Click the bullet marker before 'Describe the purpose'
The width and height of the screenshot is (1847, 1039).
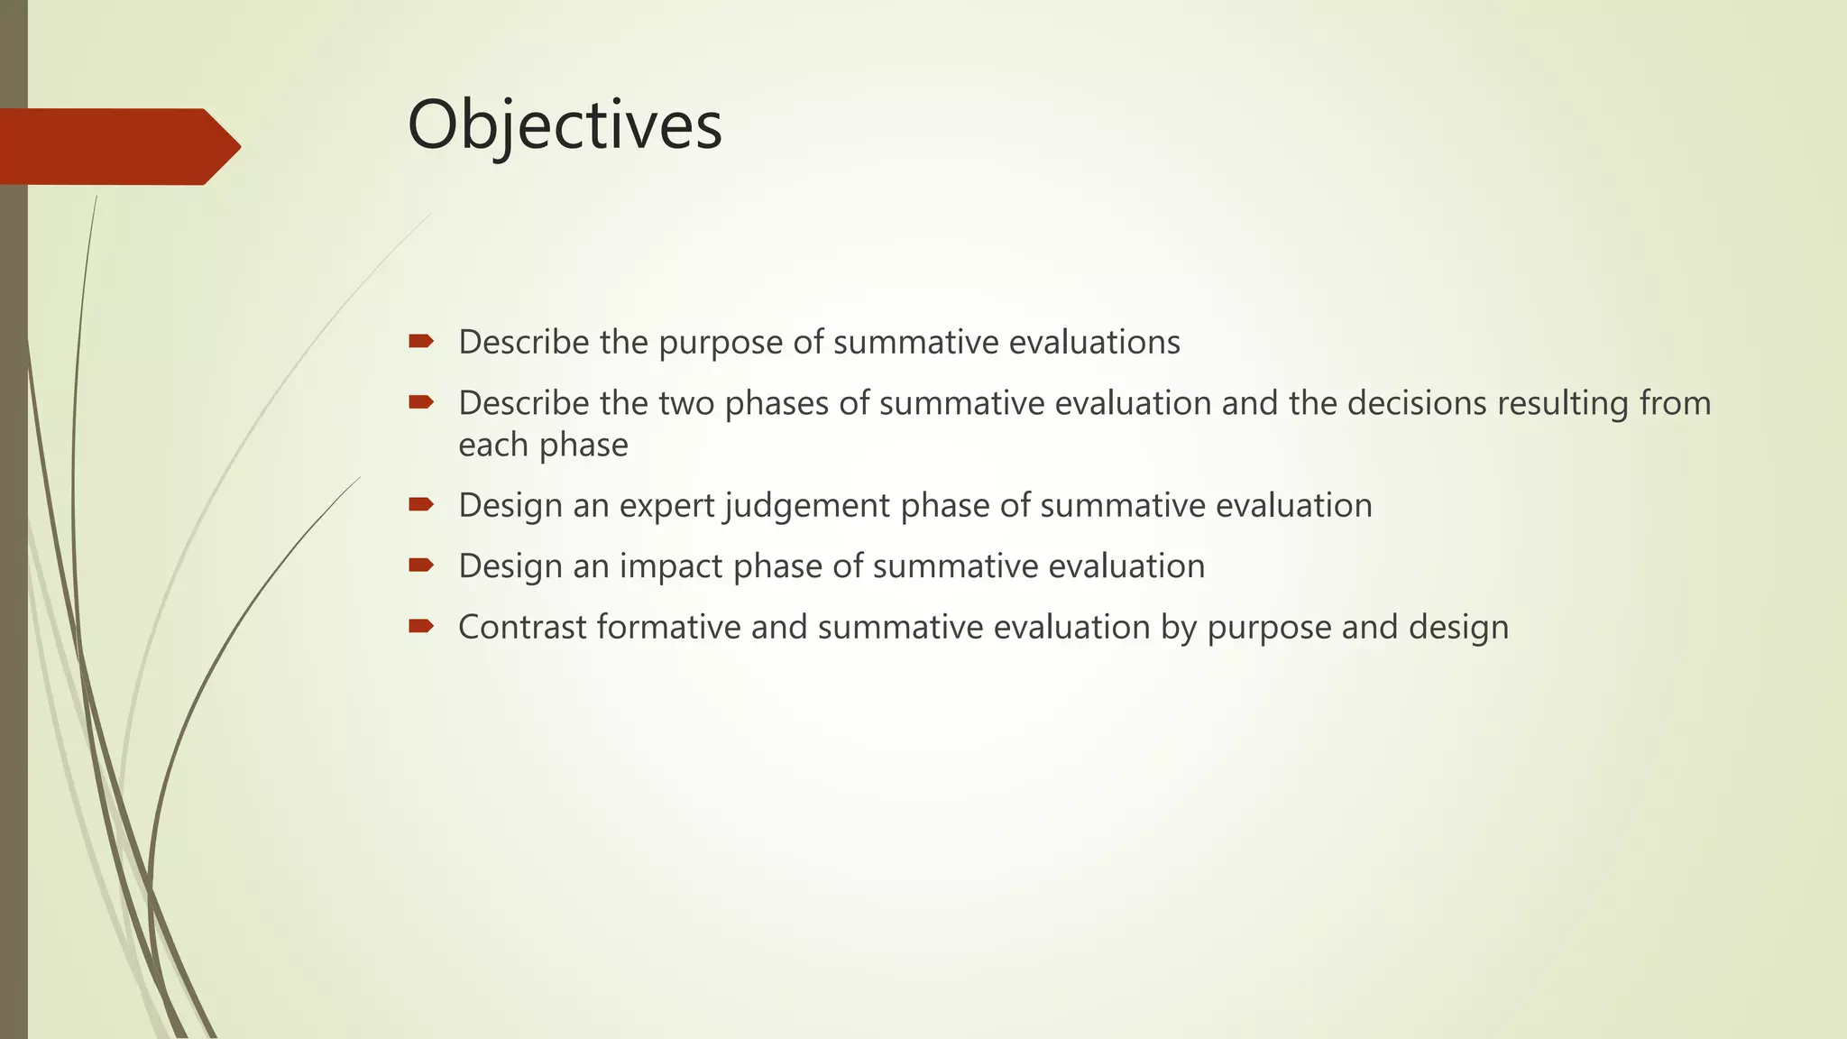[421, 341]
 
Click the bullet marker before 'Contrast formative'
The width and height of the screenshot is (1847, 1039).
[421, 626]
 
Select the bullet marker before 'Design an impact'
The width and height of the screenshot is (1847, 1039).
[421, 565]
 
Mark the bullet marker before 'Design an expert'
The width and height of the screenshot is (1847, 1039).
[421, 504]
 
